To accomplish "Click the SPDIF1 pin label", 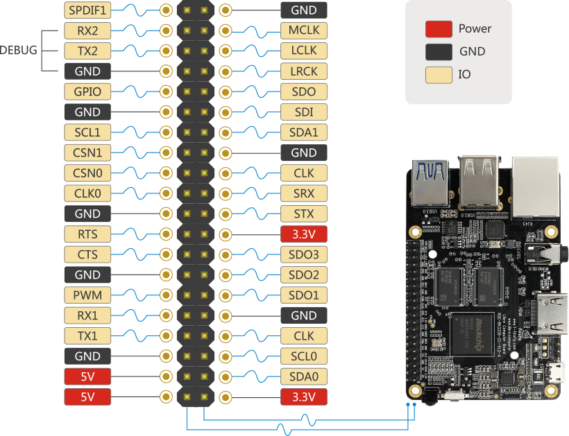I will pyautogui.click(x=87, y=10).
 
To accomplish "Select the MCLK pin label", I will pyautogui.click(x=304, y=30).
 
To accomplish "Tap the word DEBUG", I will pyautogui.click(x=19, y=51).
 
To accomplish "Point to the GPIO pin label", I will pyautogui.click(x=87, y=91).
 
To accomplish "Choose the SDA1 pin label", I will pyautogui.click(x=304, y=132).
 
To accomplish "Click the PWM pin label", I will pyautogui.click(x=87, y=295).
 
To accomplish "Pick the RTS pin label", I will pyautogui.click(x=87, y=234).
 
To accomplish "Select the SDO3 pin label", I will pyautogui.click(x=304, y=254).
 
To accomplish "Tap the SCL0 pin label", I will pyautogui.click(x=304, y=356).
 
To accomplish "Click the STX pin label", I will pyautogui.click(x=304, y=213).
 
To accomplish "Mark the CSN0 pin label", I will pyautogui.click(x=87, y=173).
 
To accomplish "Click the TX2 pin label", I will pyautogui.click(x=87, y=51).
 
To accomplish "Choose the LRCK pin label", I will pyautogui.click(x=304, y=71).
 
